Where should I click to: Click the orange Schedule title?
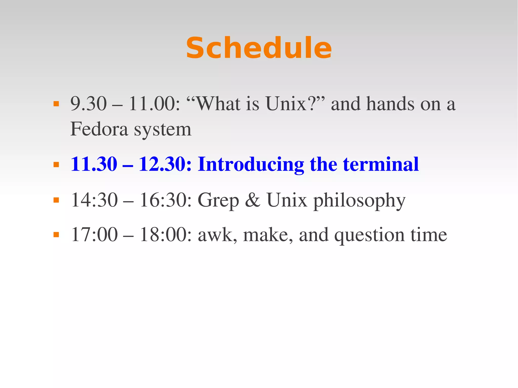click(x=259, y=48)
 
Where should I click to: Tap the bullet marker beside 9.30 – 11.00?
click(x=56, y=104)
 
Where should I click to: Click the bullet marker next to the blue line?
click(x=56, y=165)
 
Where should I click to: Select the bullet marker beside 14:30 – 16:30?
click(x=56, y=200)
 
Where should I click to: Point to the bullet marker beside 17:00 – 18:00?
click(x=56, y=235)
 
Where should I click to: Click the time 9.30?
click(x=89, y=104)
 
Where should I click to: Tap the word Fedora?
click(x=99, y=129)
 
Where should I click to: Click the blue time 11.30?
click(x=94, y=164)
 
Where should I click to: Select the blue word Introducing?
click(x=251, y=165)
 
